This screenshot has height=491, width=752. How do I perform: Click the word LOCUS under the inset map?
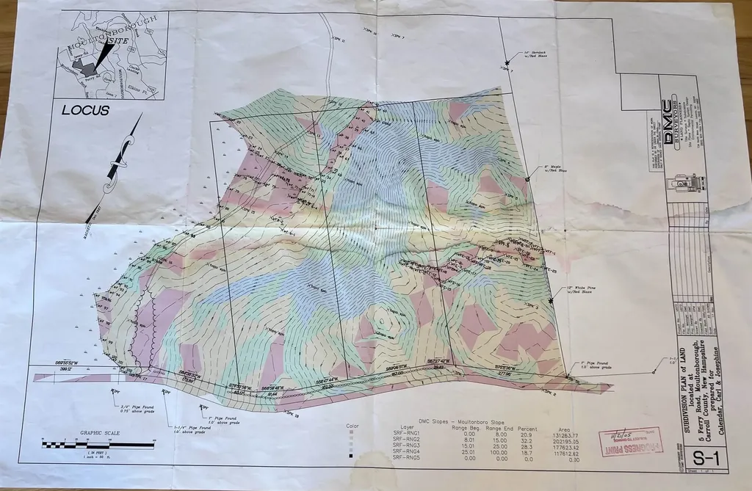click(85, 111)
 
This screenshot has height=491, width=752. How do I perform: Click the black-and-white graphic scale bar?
click(98, 444)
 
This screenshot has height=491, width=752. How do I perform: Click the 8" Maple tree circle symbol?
click(528, 170)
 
